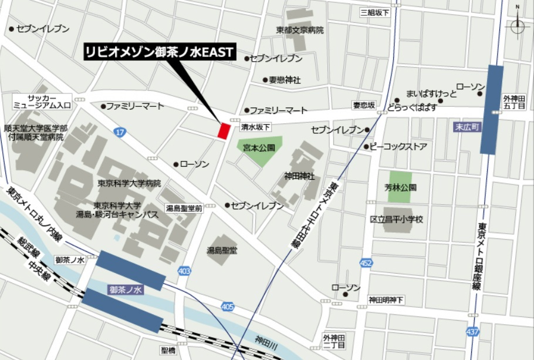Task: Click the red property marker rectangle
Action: (x=223, y=130)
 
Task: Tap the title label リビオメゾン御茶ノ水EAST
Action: (x=159, y=52)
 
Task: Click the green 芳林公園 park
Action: (x=400, y=187)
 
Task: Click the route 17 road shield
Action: (x=120, y=133)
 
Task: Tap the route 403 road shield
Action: (x=184, y=271)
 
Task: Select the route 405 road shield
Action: (x=228, y=306)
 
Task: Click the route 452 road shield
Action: (x=366, y=263)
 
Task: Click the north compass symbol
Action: (x=517, y=25)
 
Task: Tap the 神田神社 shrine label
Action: (x=300, y=176)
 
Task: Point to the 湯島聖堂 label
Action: (x=222, y=251)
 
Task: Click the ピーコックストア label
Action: (x=398, y=147)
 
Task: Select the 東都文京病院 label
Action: (x=300, y=29)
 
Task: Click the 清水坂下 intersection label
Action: (x=256, y=127)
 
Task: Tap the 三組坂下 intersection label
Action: (x=375, y=12)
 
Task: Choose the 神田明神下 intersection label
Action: (x=386, y=300)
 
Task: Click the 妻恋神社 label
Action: (x=285, y=79)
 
